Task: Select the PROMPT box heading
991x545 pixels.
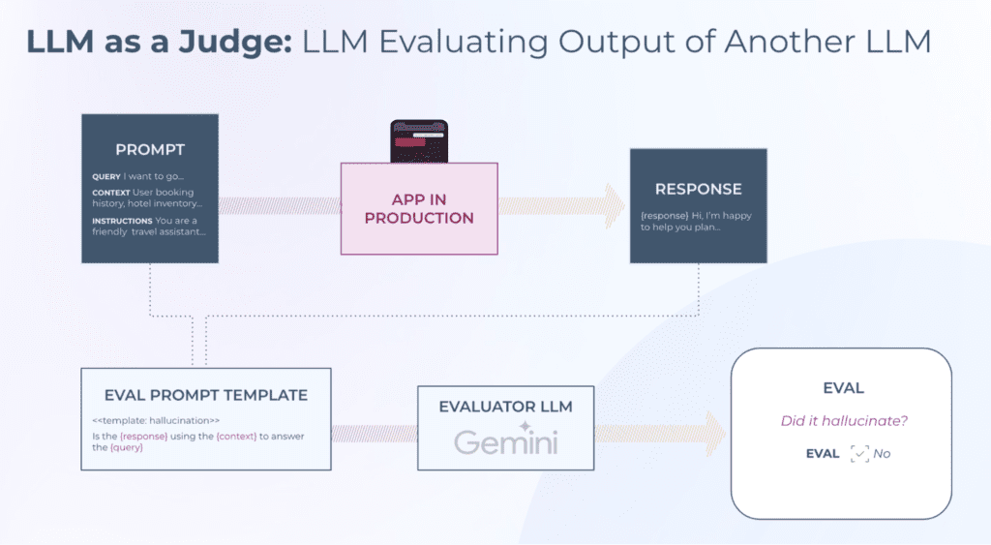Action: click(x=150, y=150)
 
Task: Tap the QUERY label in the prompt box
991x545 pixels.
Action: click(x=105, y=177)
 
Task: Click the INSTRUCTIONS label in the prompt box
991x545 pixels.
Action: click(x=122, y=221)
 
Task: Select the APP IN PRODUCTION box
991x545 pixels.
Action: click(x=419, y=208)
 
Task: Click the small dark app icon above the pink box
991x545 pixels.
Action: click(x=419, y=141)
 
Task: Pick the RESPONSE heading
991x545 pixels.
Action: click(x=698, y=189)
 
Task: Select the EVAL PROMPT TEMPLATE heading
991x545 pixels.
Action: click(x=206, y=395)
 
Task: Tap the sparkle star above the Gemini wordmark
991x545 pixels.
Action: click(x=526, y=424)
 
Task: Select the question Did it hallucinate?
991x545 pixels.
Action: click(x=841, y=421)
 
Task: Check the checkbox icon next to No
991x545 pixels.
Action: click(x=859, y=453)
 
